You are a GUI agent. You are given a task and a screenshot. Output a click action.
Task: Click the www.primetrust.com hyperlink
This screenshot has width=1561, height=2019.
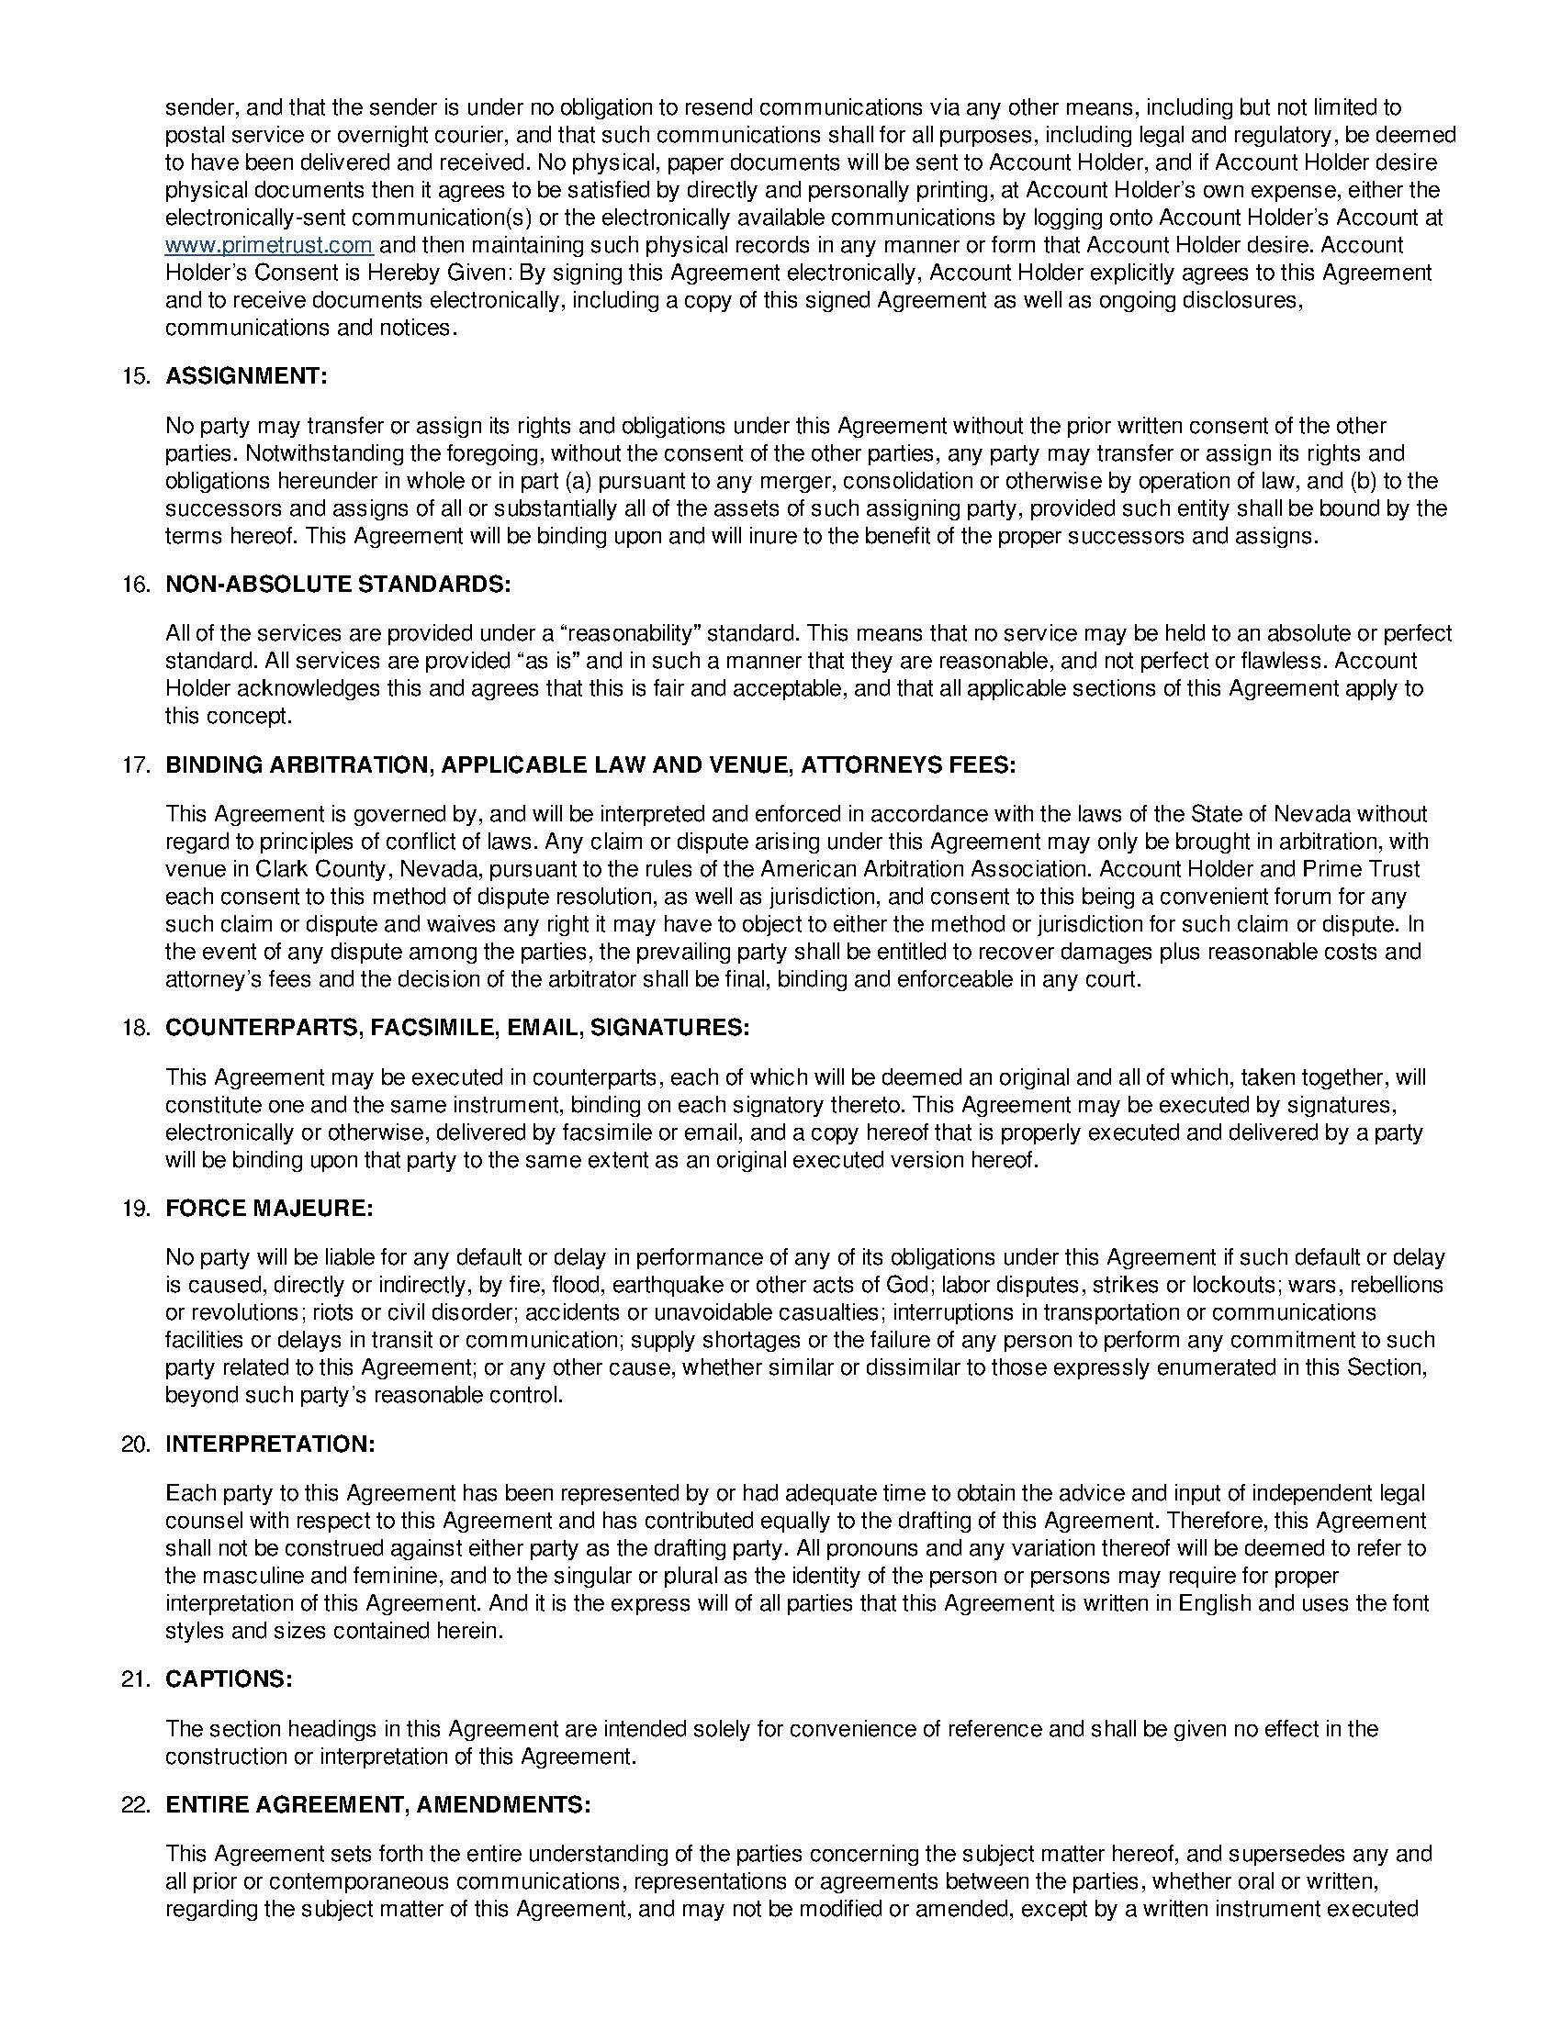tap(268, 246)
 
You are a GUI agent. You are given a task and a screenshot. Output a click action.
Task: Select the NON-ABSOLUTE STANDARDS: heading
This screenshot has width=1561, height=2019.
tap(338, 585)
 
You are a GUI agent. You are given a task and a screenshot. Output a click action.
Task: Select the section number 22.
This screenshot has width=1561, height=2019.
tap(135, 1804)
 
